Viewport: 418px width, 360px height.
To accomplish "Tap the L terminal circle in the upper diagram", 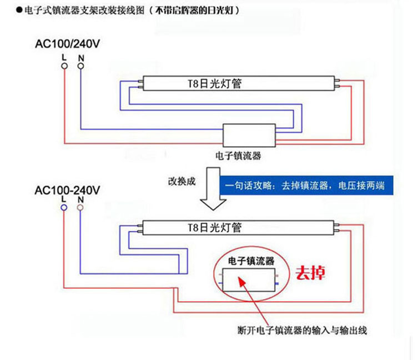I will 64,66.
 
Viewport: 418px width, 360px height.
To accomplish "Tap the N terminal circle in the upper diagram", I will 81,66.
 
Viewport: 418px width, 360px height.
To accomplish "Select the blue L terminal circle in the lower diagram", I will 64,207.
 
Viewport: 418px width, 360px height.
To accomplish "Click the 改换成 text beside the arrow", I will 182,182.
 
